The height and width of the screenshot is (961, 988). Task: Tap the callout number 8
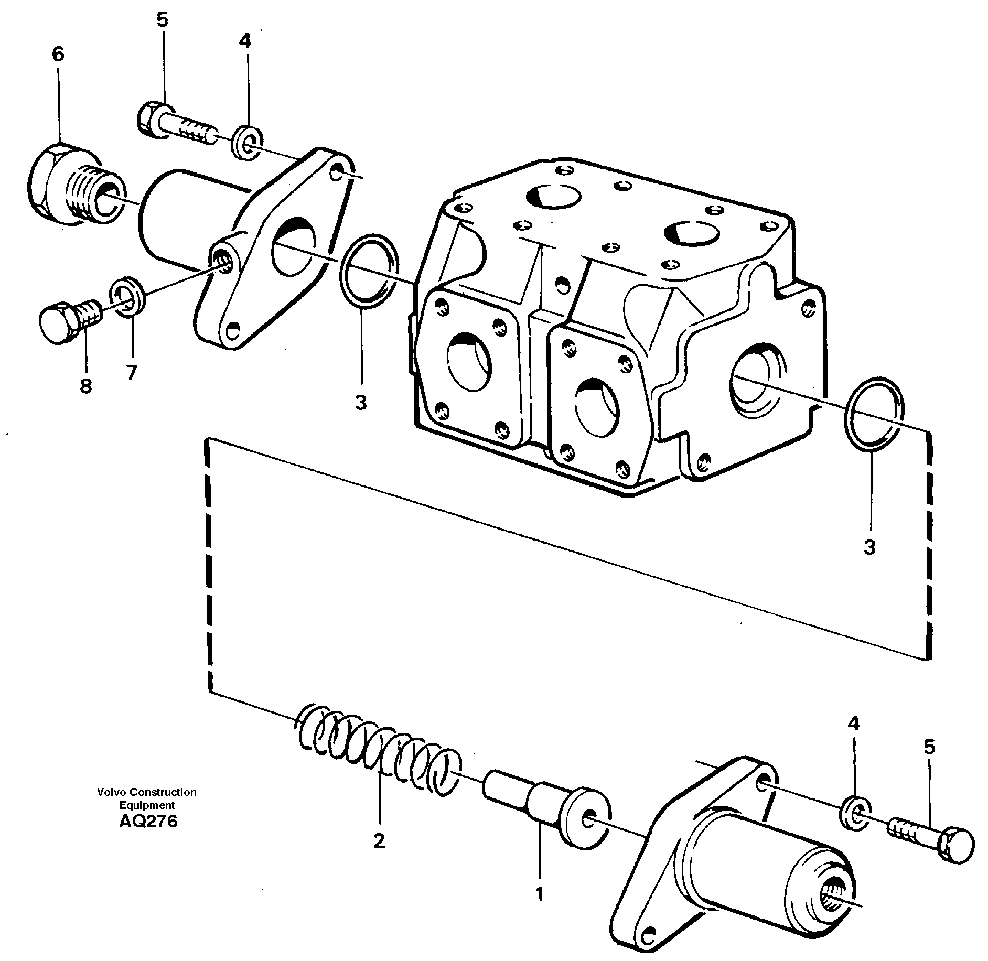pos(86,386)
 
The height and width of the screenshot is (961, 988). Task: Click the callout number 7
pos(131,372)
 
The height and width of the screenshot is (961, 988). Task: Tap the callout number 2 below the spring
pos(379,841)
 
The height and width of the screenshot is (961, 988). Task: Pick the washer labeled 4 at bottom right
pos(856,814)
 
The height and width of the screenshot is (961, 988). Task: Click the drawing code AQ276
pos(148,821)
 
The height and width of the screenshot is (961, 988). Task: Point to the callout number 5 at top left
pos(162,20)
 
